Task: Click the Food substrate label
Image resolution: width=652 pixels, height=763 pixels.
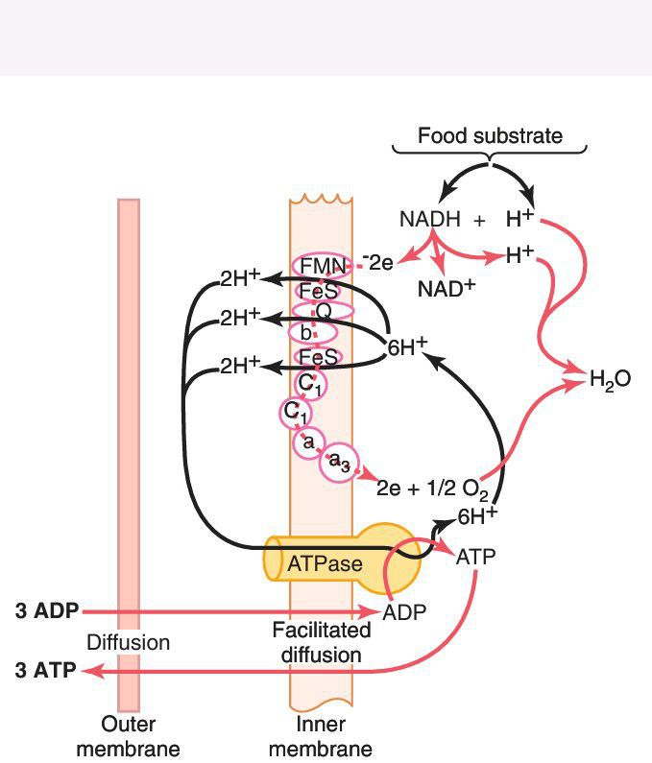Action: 490,136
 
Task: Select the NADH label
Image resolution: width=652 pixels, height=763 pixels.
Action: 429,220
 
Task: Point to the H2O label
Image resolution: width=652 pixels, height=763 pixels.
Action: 610,379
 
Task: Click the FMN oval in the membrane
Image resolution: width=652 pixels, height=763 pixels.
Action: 322,266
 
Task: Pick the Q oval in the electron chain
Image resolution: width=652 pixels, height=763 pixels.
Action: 323,310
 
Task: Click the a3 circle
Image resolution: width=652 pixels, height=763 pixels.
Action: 338,463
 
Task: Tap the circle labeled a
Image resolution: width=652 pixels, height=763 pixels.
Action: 308,441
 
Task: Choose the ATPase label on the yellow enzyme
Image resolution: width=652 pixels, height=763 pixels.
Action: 325,563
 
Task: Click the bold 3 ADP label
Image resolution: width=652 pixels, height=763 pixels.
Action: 45,610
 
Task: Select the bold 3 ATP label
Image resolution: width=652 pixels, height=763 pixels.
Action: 45,671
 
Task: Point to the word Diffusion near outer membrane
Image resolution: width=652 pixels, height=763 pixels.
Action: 128,642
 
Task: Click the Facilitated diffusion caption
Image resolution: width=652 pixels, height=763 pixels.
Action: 321,643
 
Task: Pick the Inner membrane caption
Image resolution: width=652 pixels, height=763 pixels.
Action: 321,736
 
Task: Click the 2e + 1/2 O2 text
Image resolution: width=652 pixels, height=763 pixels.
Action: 432,489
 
